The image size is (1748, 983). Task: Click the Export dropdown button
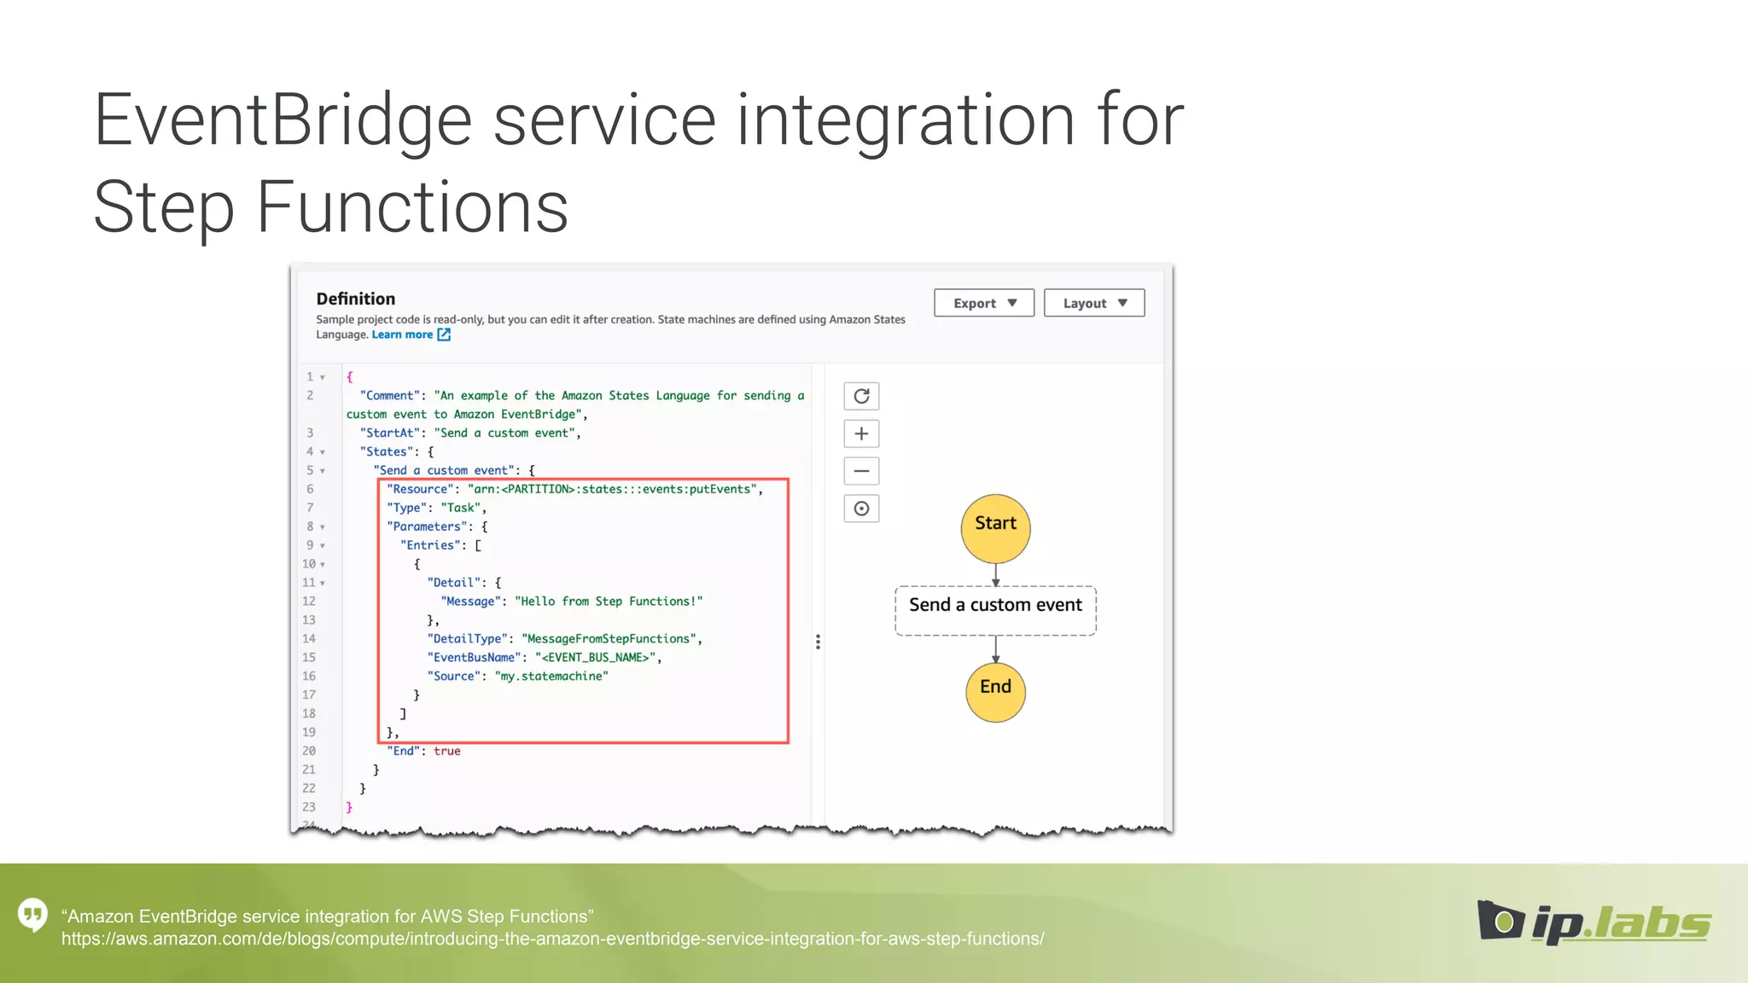click(983, 303)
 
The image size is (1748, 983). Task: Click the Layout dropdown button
click(1093, 303)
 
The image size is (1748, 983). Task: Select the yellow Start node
click(995, 528)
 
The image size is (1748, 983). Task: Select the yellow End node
click(995, 691)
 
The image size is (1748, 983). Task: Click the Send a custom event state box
click(995, 609)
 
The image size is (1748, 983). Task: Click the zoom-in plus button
click(861, 433)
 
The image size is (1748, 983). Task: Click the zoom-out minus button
click(861, 471)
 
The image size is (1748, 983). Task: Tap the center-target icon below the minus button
click(861, 509)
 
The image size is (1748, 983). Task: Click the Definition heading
click(355, 299)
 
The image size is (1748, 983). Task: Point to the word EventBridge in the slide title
click(282, 121)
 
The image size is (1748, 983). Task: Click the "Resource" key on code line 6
click(420, 489)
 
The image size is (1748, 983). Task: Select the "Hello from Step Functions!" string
click(609, 602)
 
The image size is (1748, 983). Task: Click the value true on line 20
click(446, 751)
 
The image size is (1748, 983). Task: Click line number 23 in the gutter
click(309, 806)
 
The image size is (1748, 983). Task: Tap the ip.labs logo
click(1594, 922)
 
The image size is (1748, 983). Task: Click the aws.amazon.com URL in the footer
click(552, 939)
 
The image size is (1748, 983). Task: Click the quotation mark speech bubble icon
click(33, 916)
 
